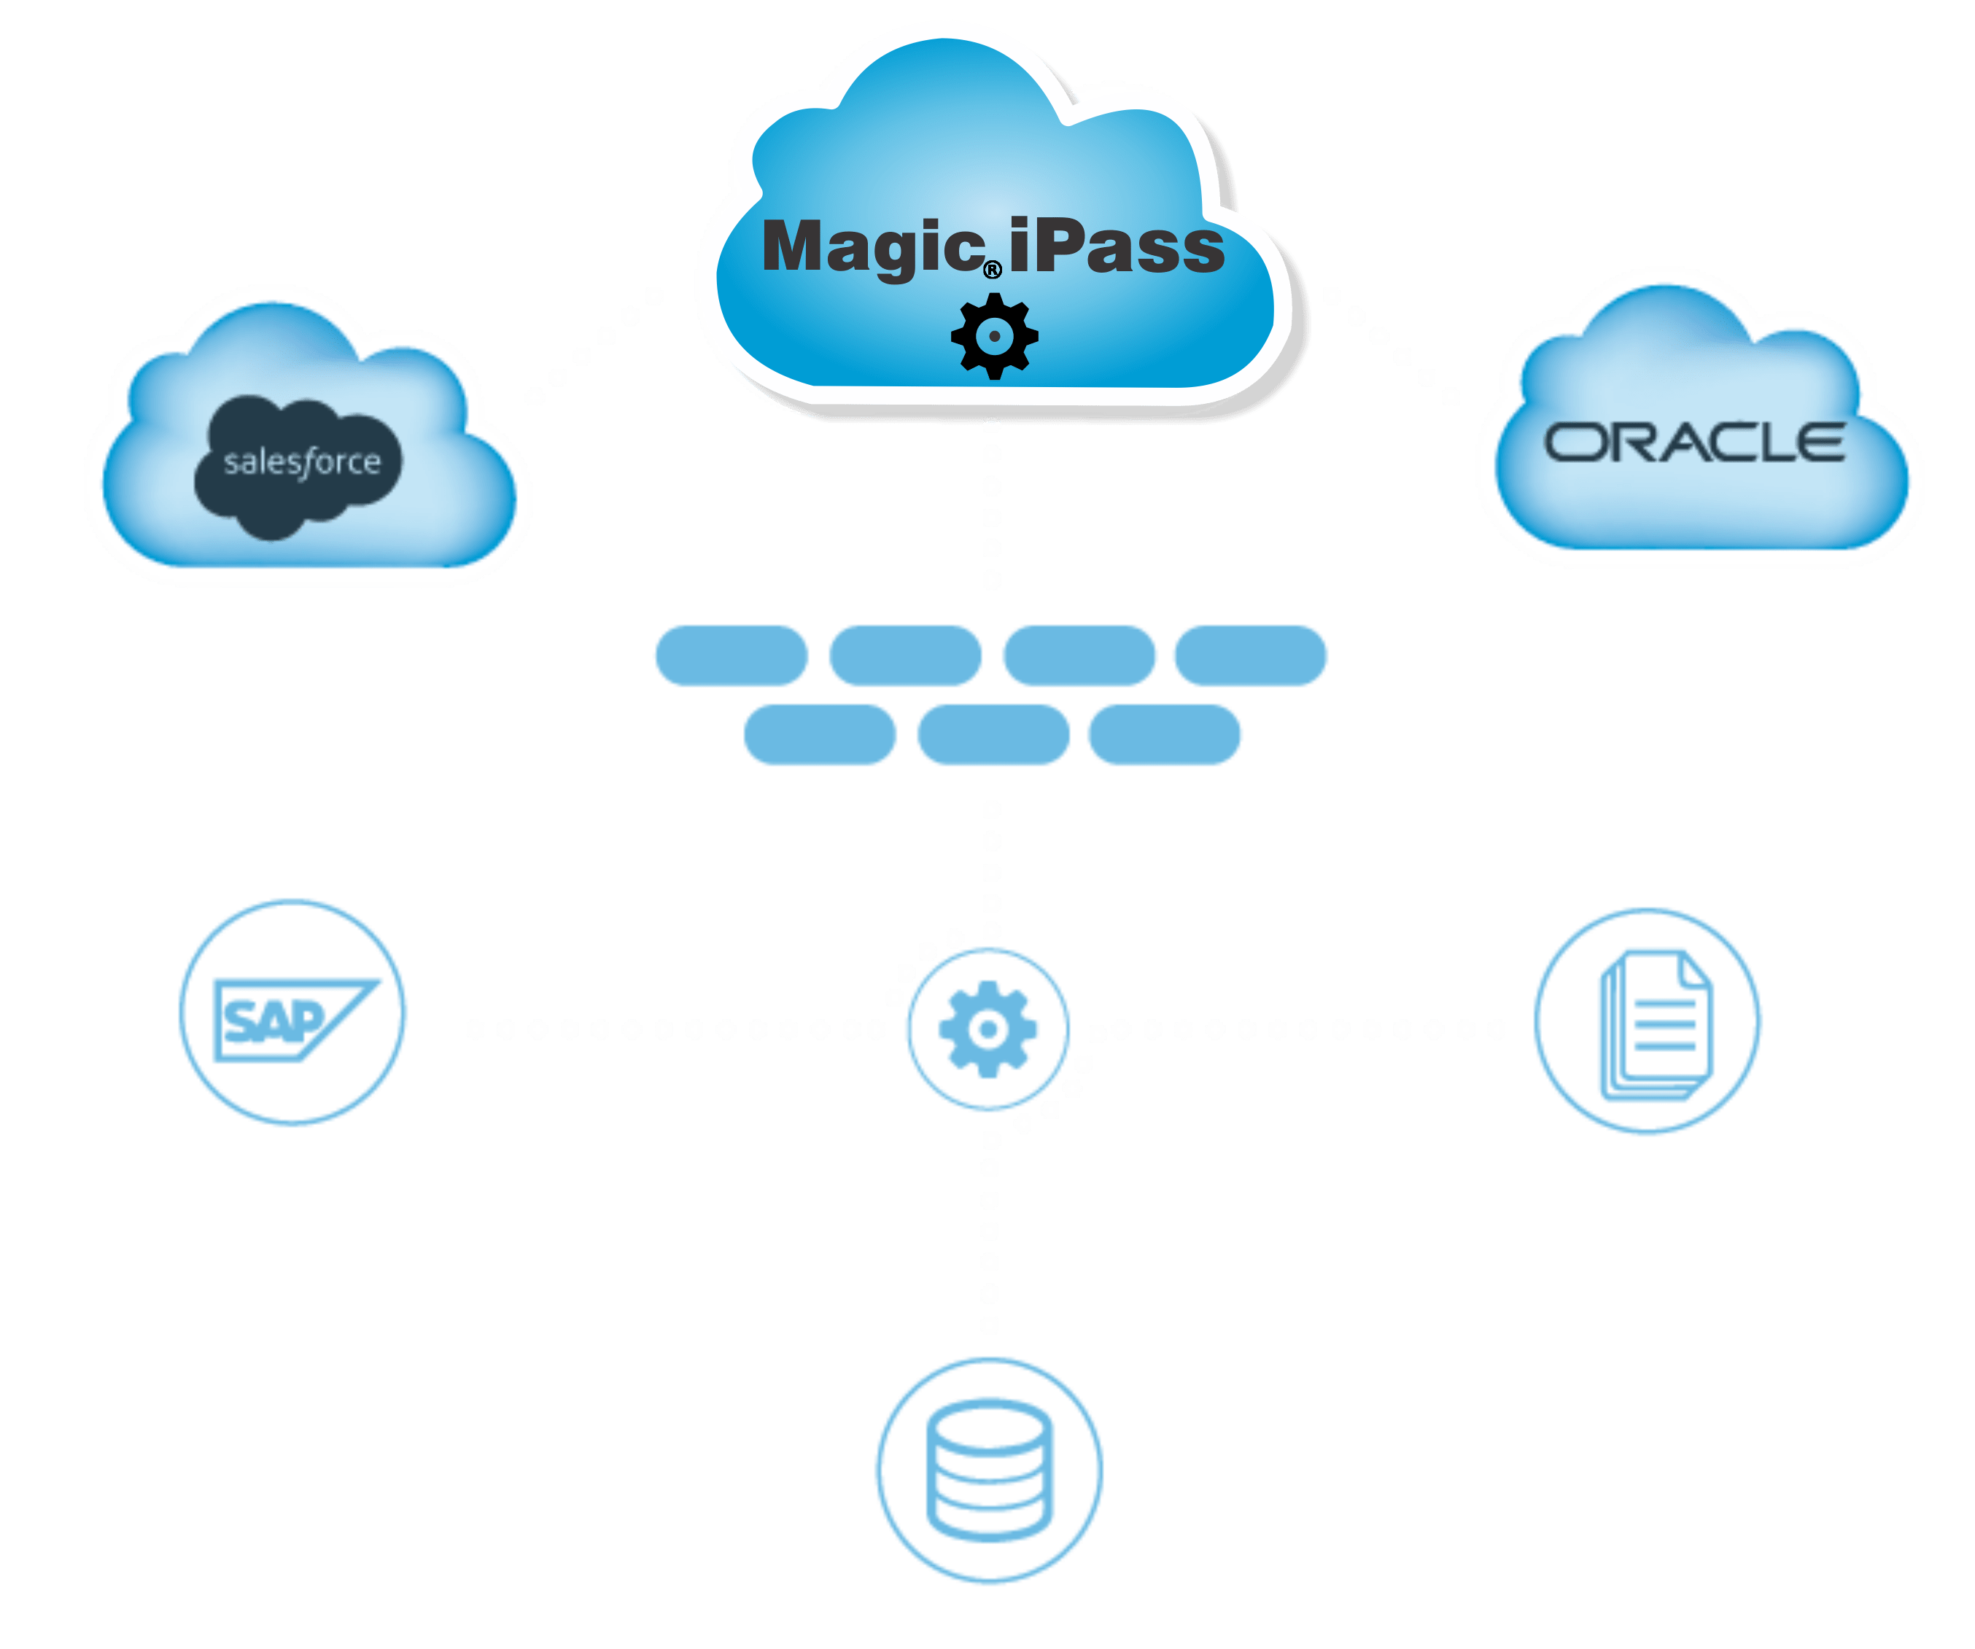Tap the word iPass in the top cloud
[x=1117, y=246]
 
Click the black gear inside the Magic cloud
[x=994, y=335]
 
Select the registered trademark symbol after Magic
[x=992, y=270]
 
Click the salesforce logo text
[x=302, y=462]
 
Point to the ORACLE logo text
[x=1693, y=443]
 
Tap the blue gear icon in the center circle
[x=988, y=1029]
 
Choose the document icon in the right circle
[x=1656, y=1025]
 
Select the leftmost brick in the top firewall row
[x=731, y=655]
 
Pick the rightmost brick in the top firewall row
[x=1250, y=655]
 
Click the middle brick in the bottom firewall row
[x=993, y=734]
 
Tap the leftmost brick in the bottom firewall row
[x=820, y=734]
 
